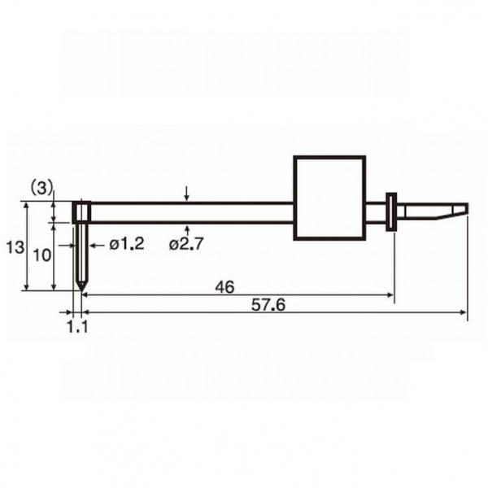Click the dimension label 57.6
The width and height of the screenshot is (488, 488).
coord(268,305)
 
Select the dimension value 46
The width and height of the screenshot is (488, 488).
coord(224,287)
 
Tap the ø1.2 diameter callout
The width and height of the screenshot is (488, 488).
coord(127,245)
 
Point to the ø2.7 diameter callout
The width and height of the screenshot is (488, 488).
coord(186,244)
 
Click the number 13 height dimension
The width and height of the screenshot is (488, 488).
coord(15,248)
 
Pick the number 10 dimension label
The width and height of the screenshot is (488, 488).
coord(41,255)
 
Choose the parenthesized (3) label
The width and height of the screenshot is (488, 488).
coord(41,189)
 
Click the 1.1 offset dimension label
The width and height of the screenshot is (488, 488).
coord(77,327)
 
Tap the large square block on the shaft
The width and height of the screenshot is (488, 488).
coord(329,198)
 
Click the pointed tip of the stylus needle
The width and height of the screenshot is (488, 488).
coord(81,291)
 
